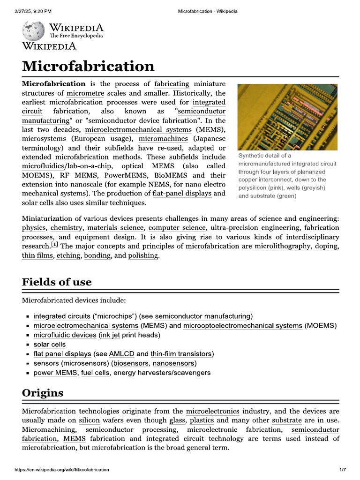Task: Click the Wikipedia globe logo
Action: pyautogui.click(x=34, y=30)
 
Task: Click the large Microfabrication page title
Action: pyautogui.click(x=88, y=66)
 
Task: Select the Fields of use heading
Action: pyautogui.click(x=57, y=282)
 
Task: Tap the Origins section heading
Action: pyautogui.click(x=43, y=393)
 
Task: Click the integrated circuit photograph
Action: pyautogui.click(x=287, y=117)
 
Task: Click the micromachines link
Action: pyautogui.click(x=163, y=138)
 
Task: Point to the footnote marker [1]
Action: pyautogui.click(x=54, y=245)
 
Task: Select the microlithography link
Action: pyautogui.click(x=282, y=246)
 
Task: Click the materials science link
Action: pyautogui.click(x=116, y=228)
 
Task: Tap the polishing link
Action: pyautogui.click(x=143, y=255)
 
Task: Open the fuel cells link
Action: pyautogui.click(x=96, y=373)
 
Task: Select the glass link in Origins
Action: pyautogui.click(x=177, y=420)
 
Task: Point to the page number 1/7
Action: pyautogui.click(x=342, y=470)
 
